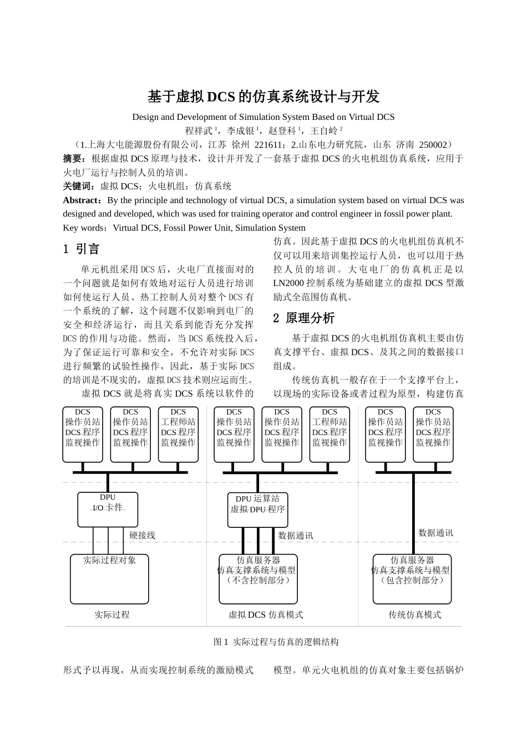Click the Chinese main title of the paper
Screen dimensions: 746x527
click(263, 97)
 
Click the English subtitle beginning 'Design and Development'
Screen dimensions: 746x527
click(263, 117)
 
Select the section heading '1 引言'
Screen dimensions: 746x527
click(81, 249)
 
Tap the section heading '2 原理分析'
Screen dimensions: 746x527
click(304, 318)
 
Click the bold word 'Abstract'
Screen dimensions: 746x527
click(79, 200)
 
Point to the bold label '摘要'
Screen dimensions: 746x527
click(73, 159)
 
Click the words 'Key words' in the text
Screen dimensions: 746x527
click(83, 228)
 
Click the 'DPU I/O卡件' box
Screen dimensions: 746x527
click(108, 510)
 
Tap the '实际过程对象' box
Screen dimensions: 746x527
click(110, 579)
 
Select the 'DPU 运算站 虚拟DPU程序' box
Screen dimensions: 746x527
click(257, 510)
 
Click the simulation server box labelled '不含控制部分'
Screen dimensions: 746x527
click(258, 579)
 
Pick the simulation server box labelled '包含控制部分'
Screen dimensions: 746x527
click(412, 579)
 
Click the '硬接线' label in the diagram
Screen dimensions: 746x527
click(142, 536)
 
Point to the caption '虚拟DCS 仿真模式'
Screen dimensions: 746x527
click(266, 615)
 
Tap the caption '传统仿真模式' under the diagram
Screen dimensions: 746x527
click(414, 615)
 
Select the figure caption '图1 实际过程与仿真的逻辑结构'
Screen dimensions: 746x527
click(276, 642)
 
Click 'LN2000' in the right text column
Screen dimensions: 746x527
click(290, 283)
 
